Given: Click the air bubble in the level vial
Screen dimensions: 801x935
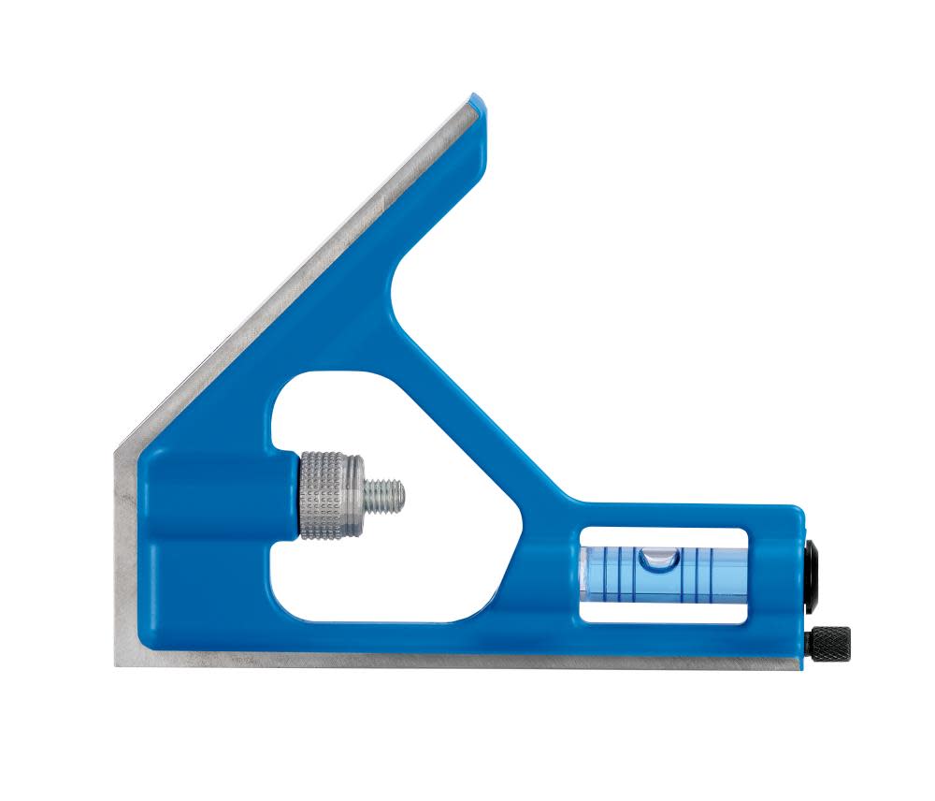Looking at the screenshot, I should pyautogui.click(x=656, y=559).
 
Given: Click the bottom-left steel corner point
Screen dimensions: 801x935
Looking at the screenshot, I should pyautogui.click(x=117, y=665).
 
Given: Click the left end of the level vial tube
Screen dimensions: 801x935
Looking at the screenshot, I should pyautogui.click(x=585, y=571).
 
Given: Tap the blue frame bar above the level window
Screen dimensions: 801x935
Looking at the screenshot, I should pyautogui.click(x=664, y=519).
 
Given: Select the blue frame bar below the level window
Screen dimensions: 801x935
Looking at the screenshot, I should pyautogui.click(x=664, y=636).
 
